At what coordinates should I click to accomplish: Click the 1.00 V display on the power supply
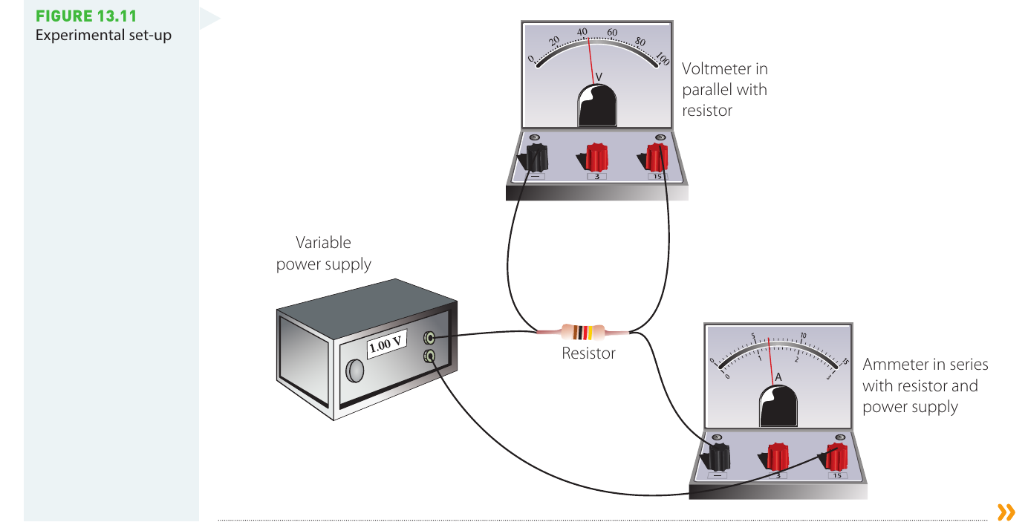[x=386, y=344]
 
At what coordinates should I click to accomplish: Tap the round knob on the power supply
[x=355, y=371]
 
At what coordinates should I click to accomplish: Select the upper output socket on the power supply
[x=429, y=338]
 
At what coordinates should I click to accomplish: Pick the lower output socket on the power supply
[x=429, y=356]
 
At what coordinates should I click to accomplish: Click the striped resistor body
[x=583, y=332]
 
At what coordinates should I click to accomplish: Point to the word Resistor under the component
[x=588, y=353]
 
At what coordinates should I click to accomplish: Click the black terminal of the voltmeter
[x=535, y=158]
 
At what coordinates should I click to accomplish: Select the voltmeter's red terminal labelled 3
[x=595, y=157]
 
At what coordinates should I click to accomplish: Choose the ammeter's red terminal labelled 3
[x=775, y=457]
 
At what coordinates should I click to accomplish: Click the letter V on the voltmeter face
[x=599, y=76]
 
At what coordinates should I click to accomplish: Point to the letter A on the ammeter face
[x=778, y=377]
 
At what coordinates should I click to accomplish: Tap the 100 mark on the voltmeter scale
[x=663, y=58]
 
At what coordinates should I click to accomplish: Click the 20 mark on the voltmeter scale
[x=554, y=40]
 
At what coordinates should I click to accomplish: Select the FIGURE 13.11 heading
[x=86, y=16]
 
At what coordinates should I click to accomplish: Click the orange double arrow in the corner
[x=1006, y=512]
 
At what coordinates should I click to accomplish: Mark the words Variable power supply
[x=324, y=253]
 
